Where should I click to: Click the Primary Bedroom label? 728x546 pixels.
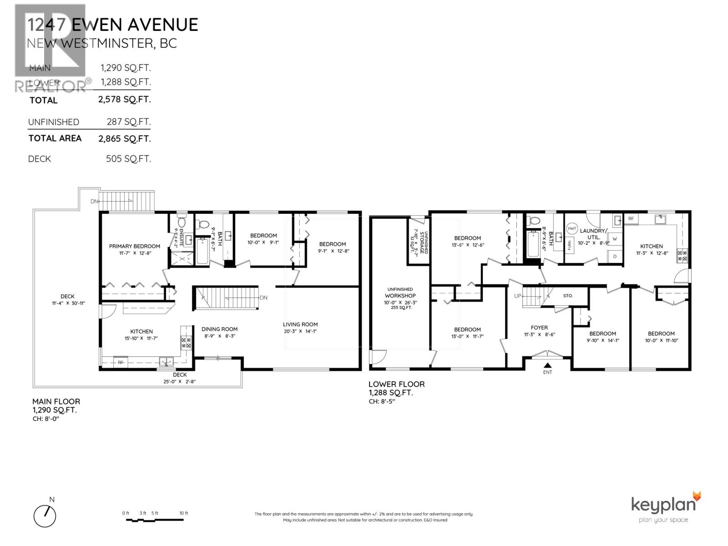[134, 246]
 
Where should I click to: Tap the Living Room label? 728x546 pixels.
[300, 324]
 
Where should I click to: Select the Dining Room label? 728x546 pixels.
[220, 329]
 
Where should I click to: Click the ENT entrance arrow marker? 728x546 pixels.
[547, 365]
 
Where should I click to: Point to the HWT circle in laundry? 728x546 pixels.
[572, 229]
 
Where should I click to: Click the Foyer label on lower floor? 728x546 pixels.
[539, 328]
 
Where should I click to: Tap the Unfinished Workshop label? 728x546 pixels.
[401, 293]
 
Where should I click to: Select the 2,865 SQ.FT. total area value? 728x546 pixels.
[124, 139]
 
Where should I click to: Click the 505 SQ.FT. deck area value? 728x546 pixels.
[124, 159]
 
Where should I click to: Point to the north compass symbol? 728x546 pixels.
[45, 516]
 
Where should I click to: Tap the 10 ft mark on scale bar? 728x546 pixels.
[183, 513]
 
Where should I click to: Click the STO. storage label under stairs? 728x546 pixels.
[567, 296]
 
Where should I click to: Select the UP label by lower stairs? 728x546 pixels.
[517, 296]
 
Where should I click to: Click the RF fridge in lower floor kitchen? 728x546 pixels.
[631, 219]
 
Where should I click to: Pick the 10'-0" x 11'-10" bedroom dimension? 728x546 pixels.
[661, 340]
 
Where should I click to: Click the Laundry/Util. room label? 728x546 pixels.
[593, 234]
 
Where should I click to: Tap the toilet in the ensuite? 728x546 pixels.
[182, 222]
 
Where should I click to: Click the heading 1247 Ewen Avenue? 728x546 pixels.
[112, 25]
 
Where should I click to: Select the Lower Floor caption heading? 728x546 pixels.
[396, 384]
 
